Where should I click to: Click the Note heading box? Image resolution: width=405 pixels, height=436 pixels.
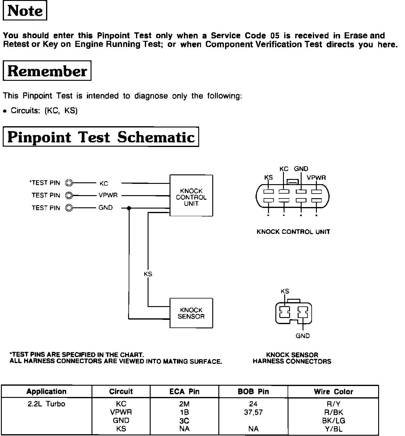point(25,11)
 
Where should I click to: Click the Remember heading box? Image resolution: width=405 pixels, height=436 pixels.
point(47,71)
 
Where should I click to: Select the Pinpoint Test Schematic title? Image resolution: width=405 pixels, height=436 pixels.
point(101,137)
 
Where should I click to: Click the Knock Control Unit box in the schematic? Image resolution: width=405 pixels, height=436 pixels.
point(191,196)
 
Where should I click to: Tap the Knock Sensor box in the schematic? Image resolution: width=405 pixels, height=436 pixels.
point(191,313)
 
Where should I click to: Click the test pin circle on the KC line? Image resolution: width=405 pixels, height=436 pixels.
point(69,183)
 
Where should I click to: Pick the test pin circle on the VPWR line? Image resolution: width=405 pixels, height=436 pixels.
point(69,195)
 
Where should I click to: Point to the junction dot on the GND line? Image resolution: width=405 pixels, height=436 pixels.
point(129,208)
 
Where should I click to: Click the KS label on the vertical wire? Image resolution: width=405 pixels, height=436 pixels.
point(148,274)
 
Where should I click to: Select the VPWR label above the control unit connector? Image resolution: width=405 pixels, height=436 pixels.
point(316,177)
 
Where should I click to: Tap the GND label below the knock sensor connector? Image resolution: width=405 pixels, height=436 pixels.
point(303,336)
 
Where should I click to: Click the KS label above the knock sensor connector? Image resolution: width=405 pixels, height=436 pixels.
point(285,291)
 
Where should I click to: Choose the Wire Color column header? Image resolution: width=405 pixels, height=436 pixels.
point(333,392)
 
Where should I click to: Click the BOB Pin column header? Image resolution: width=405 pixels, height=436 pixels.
point(253,392)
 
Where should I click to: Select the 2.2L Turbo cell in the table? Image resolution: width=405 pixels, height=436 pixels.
point(46,404)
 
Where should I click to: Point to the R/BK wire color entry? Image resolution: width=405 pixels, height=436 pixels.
point(334,412)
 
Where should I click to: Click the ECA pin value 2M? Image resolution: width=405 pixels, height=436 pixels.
point(184,404)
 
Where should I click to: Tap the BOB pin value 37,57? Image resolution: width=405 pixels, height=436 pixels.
point(253,412)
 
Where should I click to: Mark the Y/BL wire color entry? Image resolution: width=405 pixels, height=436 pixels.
point(334,429)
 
